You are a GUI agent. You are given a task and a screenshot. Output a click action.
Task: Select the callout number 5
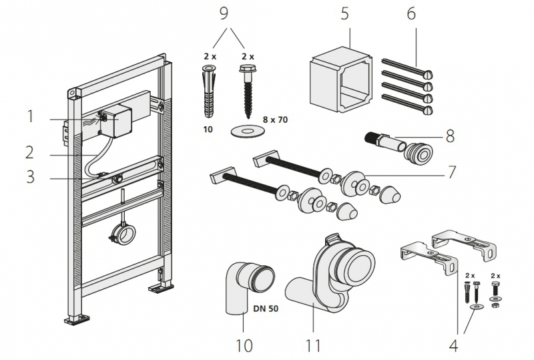click(344, 14)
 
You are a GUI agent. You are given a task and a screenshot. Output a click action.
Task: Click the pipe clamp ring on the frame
click(123, 233)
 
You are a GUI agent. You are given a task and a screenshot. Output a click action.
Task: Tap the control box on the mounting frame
click(121, 121)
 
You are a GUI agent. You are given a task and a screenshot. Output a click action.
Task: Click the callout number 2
click(30, 152)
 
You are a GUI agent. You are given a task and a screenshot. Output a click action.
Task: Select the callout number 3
click(31, 177)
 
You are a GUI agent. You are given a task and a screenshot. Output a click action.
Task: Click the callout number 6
click(410, 14)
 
